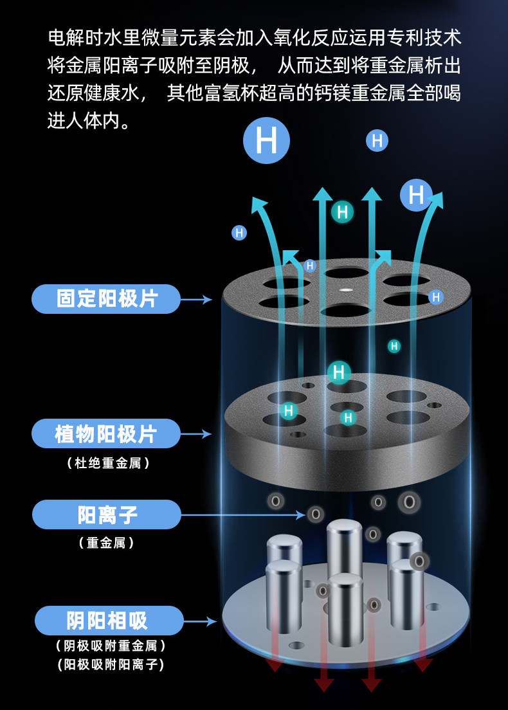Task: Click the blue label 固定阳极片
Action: [x=106, y=299]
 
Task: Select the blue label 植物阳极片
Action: [x=106, y=434]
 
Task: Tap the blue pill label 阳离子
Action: [x=106, y=514]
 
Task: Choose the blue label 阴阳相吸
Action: [x=109, y=621]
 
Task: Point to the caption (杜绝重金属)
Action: [x=108, y=463]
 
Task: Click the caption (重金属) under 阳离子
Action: [x=106, y=542]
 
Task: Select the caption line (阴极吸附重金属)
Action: [x=111, y=646]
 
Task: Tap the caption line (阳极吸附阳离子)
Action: [x=111, y=664]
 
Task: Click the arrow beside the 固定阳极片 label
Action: [x=197, y=299]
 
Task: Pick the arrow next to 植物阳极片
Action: [x=196, y=434]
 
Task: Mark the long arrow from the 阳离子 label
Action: [x=243, y=515]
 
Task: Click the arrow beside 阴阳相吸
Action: [x=200, y=621]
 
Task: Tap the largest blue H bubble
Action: [x=266, y=140]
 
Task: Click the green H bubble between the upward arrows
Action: [x=342, y=212]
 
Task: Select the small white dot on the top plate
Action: [x=346, y=288]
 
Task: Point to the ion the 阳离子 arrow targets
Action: [x=316, y=514]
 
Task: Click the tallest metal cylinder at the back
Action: [x=345, y=550]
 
